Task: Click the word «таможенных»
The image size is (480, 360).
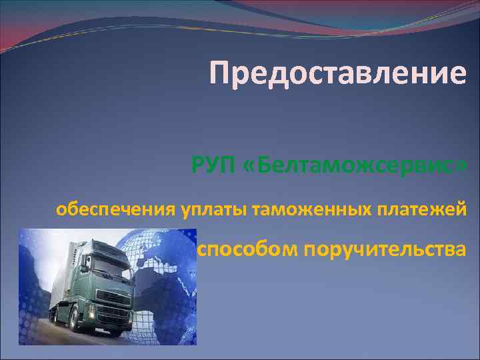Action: (311, 211)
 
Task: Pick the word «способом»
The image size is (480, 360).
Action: (247, 249)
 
